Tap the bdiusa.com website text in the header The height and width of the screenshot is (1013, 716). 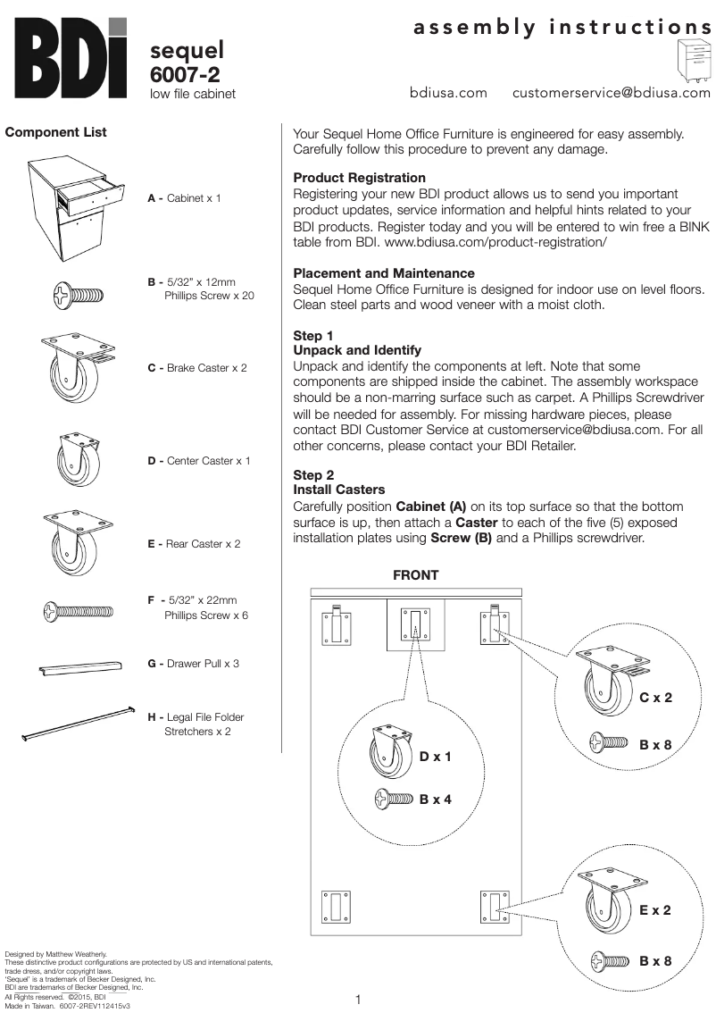pos(448,92)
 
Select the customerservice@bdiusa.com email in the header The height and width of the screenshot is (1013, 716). pos(612,92)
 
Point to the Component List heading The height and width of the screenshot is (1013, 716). pos(55,132)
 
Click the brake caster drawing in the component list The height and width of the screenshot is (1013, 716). pos(77,369)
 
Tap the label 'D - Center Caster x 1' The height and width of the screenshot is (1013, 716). pos(198,461)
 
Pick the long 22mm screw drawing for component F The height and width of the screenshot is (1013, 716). pos(78,611)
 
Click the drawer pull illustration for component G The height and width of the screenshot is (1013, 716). pos(79,668)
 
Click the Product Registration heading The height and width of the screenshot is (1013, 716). pos(359,178)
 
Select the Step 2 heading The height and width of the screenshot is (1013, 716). pos(313,475)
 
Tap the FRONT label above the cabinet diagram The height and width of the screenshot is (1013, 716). pos(416,575)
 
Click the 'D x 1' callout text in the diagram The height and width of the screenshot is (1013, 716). pos(436,757)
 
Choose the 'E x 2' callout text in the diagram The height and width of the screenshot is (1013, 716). pos(654,910)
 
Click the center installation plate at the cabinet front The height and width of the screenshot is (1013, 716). pos(416,625)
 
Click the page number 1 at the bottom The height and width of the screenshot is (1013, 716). pos(358,1000)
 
